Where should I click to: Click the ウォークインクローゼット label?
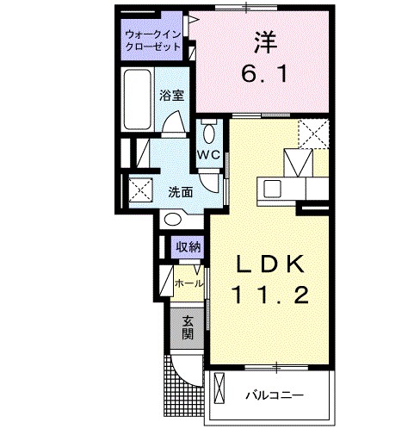click(x=152, y=40)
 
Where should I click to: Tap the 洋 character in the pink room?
click(x=264, y=40)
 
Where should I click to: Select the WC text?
click(x=209, y=155)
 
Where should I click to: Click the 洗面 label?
click(x=179, y=192)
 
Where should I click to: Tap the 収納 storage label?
click(x=188, y=248)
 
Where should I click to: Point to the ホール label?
click(x=188, y=283)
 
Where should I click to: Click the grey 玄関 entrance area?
click(x=187, y=328)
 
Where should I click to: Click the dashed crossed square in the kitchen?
click(x=311, y=134)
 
